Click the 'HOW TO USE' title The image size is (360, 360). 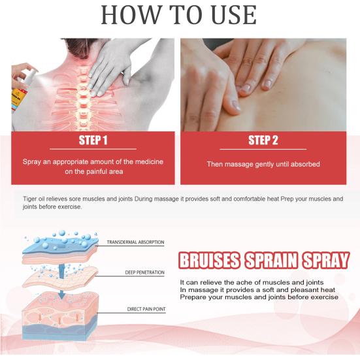click(178, 15)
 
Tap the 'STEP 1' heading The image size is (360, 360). click(93, 140)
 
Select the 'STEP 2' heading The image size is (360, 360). click(263, 140)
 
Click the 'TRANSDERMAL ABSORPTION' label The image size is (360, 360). click(135, 242)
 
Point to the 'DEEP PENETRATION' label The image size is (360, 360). click(144, 272)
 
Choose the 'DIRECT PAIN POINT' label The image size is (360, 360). click(146, 309)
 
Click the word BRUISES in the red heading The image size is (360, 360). click(209, 260)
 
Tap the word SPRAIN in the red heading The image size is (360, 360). click(271, 260)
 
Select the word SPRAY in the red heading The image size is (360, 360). click(326, 260)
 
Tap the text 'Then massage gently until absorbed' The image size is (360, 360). click(263, 164)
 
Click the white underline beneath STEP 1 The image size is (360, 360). click(93, 149)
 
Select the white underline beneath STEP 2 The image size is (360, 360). click(263, 149)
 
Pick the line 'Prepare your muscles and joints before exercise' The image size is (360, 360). click(259, 297)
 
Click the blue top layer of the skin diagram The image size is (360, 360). click(61, 246)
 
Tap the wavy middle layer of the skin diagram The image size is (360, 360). click(60, 278)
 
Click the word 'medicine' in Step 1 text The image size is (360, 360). click(149, 161)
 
